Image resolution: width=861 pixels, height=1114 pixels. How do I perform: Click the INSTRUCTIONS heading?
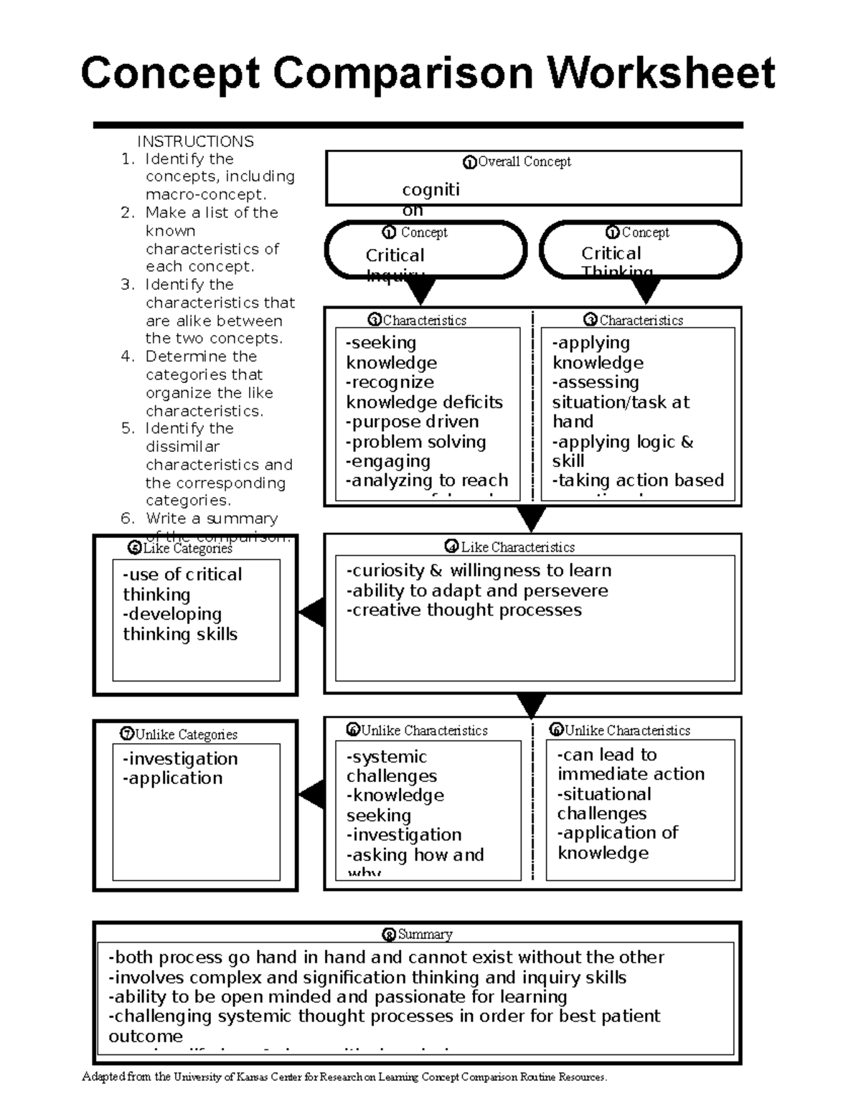point(195,141)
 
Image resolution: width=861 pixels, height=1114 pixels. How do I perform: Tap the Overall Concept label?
point(524,162)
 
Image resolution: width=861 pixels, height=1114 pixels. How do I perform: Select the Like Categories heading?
point(187,549)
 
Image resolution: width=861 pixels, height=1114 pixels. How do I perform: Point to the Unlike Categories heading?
point(185,735)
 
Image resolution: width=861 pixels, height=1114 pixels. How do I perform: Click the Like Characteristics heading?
point(517,547)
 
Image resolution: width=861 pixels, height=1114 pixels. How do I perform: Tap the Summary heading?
point(425,935)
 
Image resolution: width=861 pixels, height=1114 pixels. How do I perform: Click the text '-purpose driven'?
point(412,422)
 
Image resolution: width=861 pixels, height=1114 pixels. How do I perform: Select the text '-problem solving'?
point(415,442)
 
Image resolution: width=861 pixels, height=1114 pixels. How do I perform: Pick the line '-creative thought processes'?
point(464,610)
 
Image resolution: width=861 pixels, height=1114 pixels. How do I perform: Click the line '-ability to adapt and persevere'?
point(477,591)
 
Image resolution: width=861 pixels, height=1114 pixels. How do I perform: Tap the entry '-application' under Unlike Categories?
point(172,778)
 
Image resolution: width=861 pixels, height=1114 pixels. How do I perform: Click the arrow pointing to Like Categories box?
point(312,614)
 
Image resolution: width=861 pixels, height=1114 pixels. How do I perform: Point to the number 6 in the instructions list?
point(127,519)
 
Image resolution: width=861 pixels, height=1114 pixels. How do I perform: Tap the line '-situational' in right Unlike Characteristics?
point(604,794)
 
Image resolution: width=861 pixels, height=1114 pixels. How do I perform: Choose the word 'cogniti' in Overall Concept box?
point(430,189)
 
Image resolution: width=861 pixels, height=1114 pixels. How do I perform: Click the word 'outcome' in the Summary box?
point(146,1037)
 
